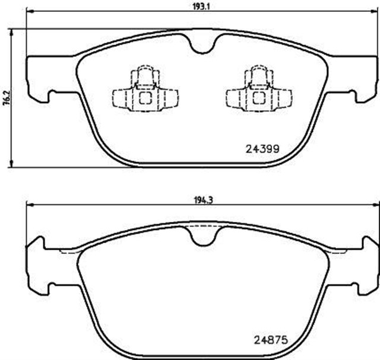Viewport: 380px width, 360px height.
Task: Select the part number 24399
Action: click(x=262, y=148)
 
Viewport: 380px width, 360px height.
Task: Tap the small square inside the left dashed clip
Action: click(x=144, y=98)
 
